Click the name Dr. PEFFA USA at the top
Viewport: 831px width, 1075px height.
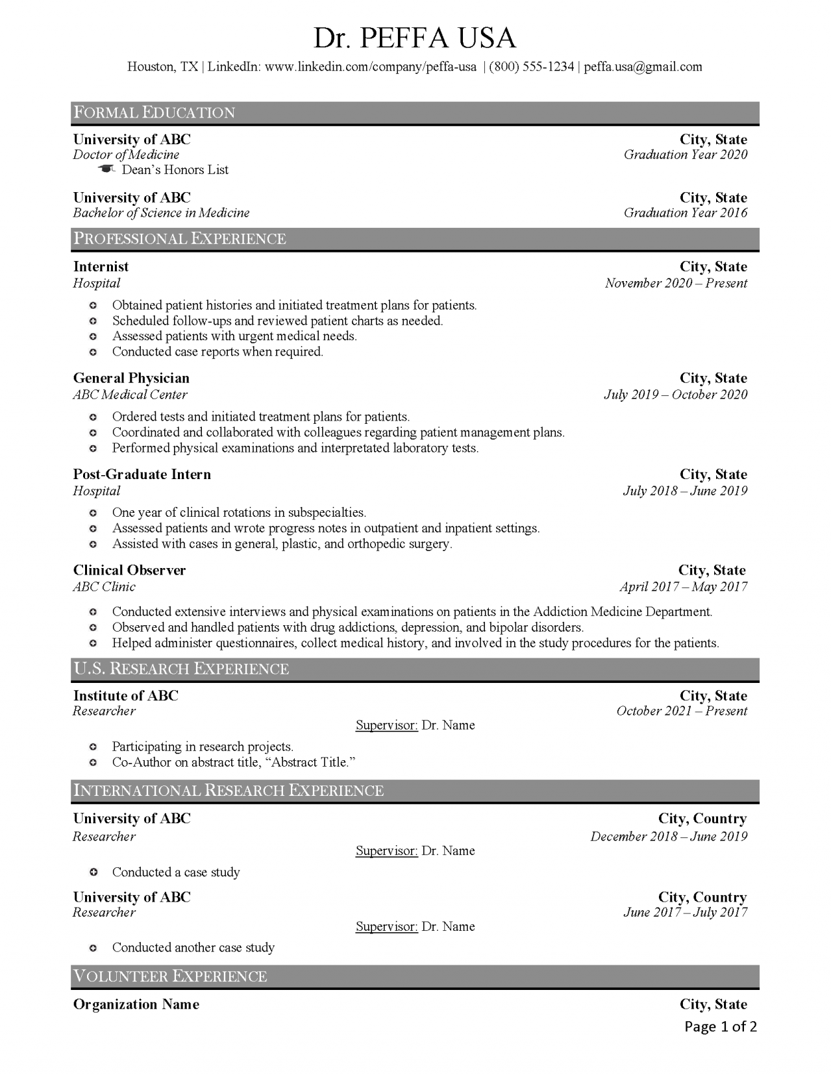click(415, 38)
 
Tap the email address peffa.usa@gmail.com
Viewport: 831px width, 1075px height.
click(643, 67)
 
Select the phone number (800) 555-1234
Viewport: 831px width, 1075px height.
click(531, 67)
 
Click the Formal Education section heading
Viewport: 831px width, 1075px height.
click(154, 113)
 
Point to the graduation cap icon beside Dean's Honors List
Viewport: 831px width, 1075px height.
click(106, 169)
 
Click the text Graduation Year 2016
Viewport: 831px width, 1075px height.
click(685, 213)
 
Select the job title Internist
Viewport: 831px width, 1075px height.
click(101, 267)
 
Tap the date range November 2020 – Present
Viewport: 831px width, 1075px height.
click(676, 283)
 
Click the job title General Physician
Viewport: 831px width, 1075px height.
click(131, 378)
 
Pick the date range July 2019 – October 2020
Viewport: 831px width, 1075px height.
click(675, 395)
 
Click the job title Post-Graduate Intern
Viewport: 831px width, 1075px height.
click(142, 475)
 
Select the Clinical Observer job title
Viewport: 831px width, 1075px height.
click(129, 571)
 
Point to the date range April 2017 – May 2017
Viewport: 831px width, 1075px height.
click(683, 587)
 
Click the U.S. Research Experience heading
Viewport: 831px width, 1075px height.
click(181, 669)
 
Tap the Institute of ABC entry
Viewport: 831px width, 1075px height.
click(125, 696)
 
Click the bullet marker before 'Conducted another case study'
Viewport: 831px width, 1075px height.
click(93, 948)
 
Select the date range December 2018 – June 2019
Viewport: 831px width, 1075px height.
click(669, 837)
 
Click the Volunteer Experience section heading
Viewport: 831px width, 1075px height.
click(170, 976)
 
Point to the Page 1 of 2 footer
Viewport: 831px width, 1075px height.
click(721, 1026)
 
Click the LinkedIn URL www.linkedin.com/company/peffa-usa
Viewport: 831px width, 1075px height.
click(371, 67)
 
